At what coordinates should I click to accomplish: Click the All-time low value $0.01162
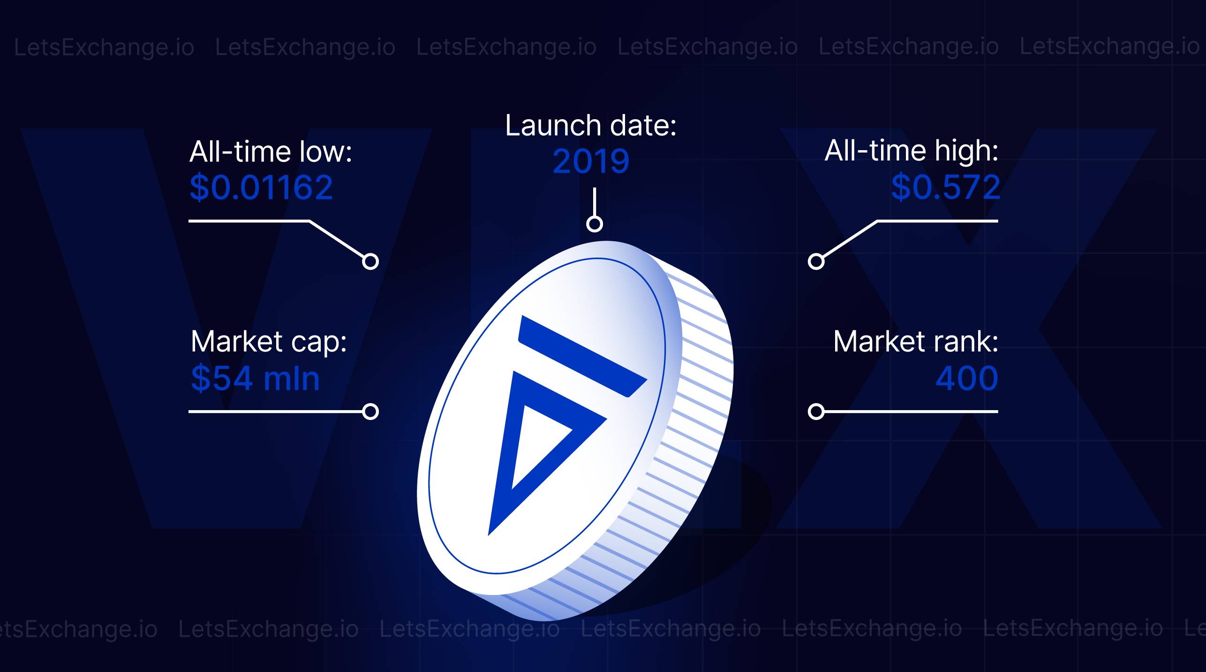coord(261,188)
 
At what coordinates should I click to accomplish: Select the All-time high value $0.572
coord(945,188)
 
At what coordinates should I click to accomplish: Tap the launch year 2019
coord(591,161)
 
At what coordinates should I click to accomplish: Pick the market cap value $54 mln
coord(255,378)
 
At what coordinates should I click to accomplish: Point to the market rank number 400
coord(967,378)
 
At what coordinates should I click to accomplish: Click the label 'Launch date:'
coord(591,126)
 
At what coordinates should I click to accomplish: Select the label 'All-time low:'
coord(271,152)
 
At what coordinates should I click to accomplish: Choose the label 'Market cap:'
coord(269,342)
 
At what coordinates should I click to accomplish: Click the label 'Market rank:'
coord(916,342)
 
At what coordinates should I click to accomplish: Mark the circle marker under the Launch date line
coord(595,224)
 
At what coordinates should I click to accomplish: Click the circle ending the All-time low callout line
coord(370,261)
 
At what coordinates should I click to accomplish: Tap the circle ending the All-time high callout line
coord(816,261)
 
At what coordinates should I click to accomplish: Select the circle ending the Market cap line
coord(370,412)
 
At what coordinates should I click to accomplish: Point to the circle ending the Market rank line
coord(816,412)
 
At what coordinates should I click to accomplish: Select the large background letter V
coord(225,328)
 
